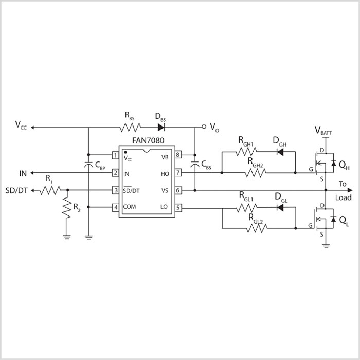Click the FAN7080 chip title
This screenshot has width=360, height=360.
pos(144,140)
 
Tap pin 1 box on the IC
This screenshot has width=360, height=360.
pos(116,155)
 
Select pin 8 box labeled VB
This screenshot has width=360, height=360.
pos(178,155)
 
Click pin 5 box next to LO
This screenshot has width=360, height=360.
pos(178,208)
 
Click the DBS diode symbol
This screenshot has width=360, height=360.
pos(161,127)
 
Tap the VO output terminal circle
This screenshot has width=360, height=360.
pos(204,127)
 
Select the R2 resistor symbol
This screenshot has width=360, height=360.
pos(66,206)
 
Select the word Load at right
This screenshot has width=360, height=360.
pos(344,197)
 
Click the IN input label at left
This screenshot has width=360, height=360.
pos(23,173)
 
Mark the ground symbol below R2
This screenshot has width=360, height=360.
pos(66,223)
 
